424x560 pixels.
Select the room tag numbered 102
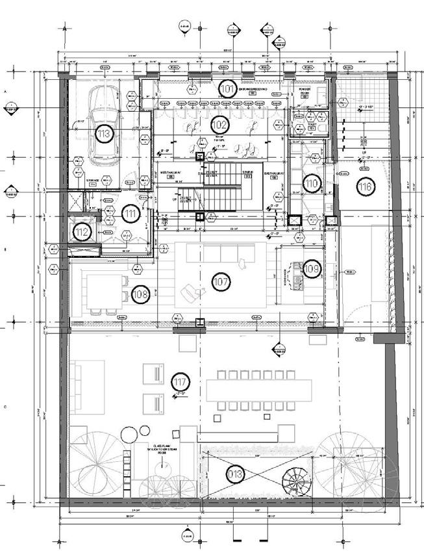220,123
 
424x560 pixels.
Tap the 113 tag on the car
104,134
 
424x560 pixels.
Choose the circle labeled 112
81,232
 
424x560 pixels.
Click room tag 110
312,185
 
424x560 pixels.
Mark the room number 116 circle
365,187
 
